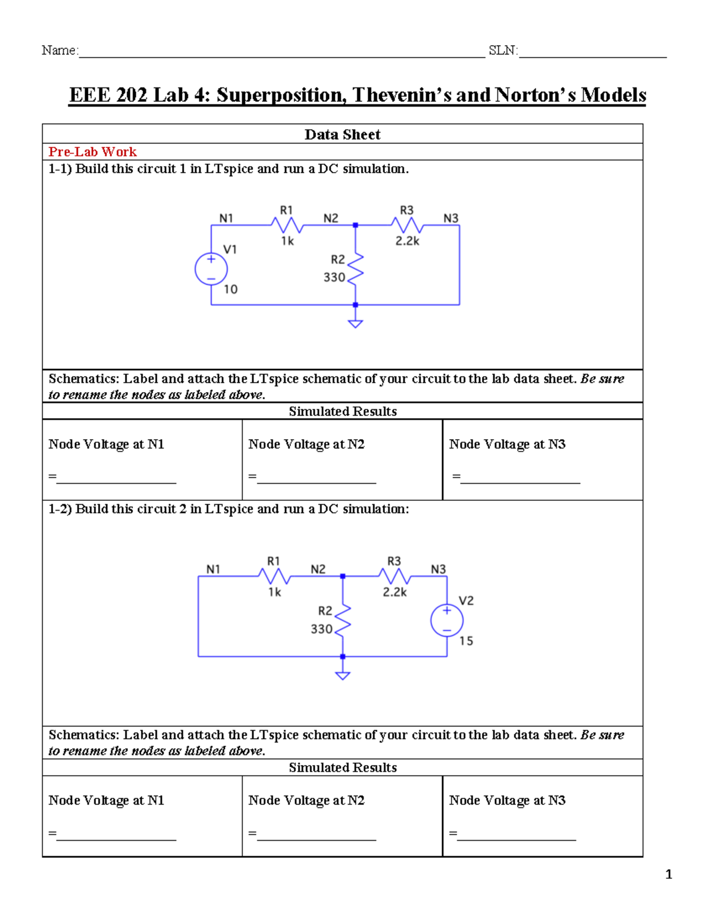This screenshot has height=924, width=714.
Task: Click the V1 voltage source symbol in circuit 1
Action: point(211,269)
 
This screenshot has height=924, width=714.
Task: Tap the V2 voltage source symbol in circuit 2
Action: point(447,620)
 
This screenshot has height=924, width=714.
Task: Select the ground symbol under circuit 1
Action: point(355,323)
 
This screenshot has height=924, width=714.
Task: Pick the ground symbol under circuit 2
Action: point(343,675)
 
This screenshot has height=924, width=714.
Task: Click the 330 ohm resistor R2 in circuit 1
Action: point(355,268)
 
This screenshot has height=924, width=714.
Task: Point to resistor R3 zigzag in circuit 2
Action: point(394,576)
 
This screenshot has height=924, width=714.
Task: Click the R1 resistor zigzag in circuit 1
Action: point(287,225)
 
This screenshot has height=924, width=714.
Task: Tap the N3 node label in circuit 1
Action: point(451,218)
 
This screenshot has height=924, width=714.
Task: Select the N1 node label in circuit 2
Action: point(213,569)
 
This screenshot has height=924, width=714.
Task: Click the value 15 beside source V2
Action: point(466,641)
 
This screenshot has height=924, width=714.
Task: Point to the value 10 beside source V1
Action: point(230,289)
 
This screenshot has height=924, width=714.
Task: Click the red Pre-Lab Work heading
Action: point(92,152)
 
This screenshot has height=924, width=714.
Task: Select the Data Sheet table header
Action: point(342,134)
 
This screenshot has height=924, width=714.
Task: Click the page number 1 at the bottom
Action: point(669,874)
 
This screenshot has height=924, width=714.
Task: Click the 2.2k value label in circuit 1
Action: point(408,241)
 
